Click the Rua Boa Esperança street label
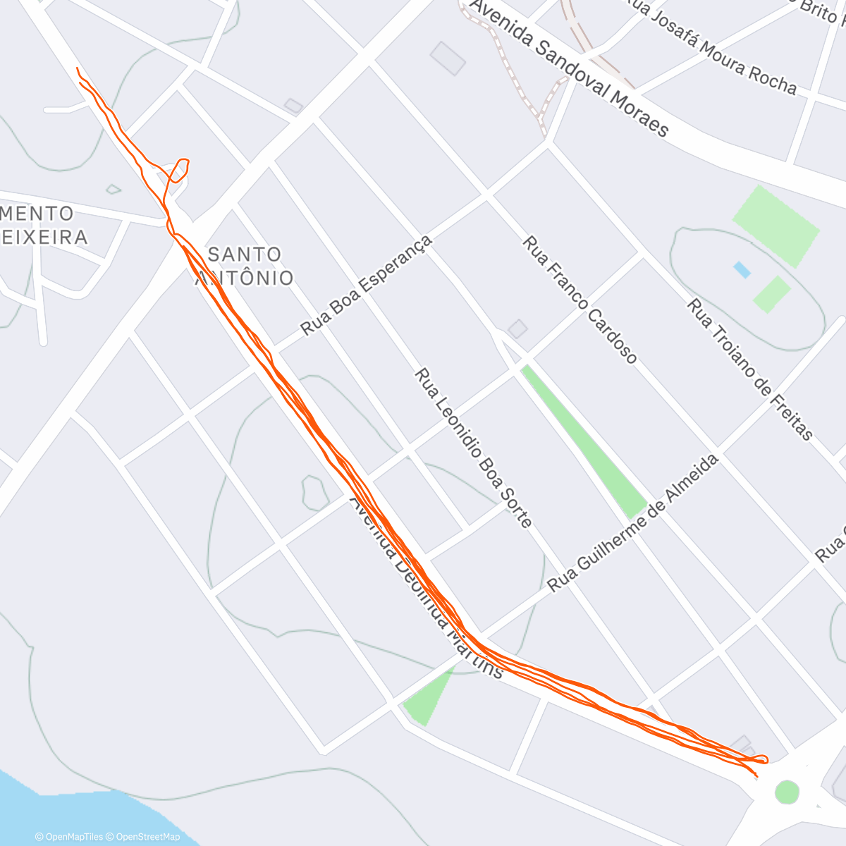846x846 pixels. click(365, 286)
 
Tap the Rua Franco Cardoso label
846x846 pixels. click(580, 300)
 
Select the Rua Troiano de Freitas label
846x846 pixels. click(750, 369)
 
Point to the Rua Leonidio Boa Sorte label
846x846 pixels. click(472, 448)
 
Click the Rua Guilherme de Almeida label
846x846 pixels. click(633, 523)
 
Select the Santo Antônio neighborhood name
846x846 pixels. click(244, 266)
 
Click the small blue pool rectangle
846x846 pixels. click(742, 269)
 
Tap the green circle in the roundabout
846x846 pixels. click(787, 792)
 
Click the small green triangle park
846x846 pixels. click(429, 698)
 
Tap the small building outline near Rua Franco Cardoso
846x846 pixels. click(517, 329)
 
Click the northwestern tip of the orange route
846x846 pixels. click(77, 68)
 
